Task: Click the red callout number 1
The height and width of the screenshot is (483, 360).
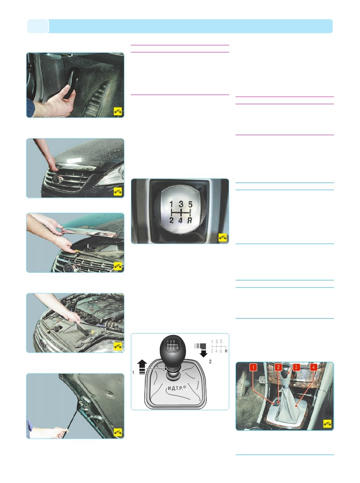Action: click(253, 367)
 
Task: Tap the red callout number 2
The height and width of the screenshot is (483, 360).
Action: click(278, 367)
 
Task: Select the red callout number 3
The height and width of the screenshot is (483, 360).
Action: click(296, 367)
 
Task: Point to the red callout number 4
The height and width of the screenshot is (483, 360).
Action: click(313, 367)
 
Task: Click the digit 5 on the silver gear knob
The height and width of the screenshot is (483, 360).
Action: click(190, 205)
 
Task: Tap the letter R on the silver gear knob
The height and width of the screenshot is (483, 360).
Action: click(190, 220)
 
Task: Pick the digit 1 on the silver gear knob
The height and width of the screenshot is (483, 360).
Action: click(171, 205)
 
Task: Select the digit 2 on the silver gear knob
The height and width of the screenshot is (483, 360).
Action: click(171, 220)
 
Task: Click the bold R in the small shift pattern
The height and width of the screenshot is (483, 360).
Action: click(226, 351)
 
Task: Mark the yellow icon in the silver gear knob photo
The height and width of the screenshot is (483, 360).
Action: click(223, 237)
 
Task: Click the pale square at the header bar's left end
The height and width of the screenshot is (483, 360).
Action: click(38, 26)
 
